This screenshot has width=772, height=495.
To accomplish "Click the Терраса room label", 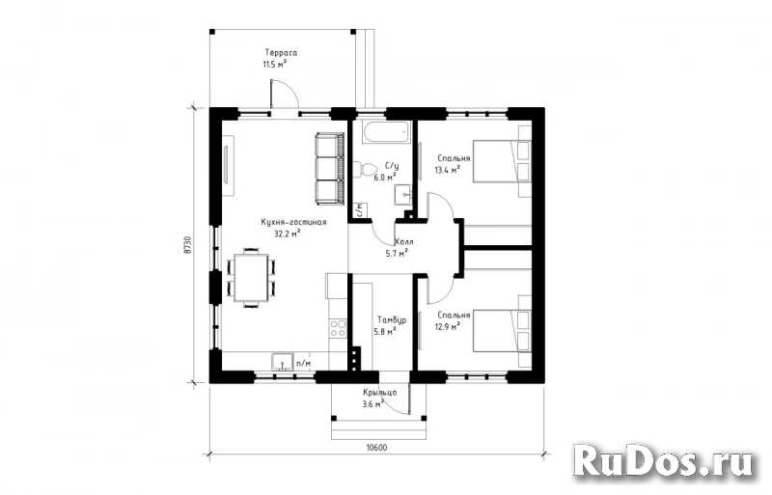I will [281, 53].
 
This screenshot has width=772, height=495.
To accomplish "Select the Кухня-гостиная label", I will [293, 222].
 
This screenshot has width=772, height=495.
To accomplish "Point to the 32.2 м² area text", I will [288, 233].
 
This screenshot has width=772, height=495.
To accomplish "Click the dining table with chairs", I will [251, 277].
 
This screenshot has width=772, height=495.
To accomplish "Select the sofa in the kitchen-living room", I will [330, 167].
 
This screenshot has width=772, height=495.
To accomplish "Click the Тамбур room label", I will [391, 320].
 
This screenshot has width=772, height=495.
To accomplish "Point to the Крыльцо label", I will [377, 392].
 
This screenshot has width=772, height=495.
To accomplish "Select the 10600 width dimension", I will [376, 448].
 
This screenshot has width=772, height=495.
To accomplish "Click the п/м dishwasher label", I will [303, 363].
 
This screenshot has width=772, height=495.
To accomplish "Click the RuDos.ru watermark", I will [664, 461].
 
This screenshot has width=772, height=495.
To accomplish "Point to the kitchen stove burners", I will [338, 330].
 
